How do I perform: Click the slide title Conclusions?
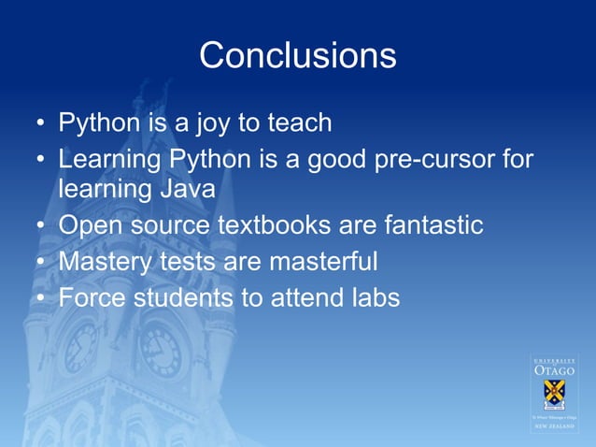[297, 55]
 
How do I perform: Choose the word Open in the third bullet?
[88, 226]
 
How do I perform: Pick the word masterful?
[322, 261]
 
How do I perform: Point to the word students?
[182, 298]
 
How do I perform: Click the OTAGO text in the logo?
[555, 371]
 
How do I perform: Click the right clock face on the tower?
[160, 350]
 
